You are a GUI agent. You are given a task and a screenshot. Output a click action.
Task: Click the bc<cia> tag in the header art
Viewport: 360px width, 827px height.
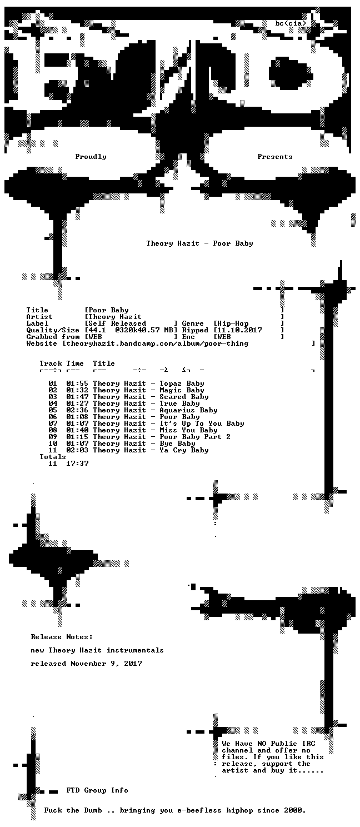(291, 23)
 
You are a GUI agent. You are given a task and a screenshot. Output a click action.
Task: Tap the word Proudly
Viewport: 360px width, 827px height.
(91, 157)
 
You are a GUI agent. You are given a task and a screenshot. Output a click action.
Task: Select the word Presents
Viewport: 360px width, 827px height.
(275, 157)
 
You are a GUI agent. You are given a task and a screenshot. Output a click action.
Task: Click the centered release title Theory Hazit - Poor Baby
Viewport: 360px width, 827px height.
(200, 243)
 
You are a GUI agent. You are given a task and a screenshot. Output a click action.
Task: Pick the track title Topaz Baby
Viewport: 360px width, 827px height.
(182, 383)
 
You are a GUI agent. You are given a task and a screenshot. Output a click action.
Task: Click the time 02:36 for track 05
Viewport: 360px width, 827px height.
(77, 410)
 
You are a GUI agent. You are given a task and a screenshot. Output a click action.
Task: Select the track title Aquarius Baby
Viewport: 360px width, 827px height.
(189, 410)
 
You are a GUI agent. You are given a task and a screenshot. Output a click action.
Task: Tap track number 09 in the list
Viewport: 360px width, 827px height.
(53, 437)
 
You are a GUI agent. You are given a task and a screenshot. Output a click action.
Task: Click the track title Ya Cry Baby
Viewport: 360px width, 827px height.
(184, 450)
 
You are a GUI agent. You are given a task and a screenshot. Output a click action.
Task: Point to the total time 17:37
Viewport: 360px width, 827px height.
(77, 464)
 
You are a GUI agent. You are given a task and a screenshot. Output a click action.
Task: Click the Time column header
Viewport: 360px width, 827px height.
(75, 363)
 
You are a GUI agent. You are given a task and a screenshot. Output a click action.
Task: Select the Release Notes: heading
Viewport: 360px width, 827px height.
(62, 637)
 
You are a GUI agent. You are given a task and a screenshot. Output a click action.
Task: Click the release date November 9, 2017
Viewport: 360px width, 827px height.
(106, 664)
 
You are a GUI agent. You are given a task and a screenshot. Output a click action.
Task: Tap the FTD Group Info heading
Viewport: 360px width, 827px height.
(97, 790)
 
